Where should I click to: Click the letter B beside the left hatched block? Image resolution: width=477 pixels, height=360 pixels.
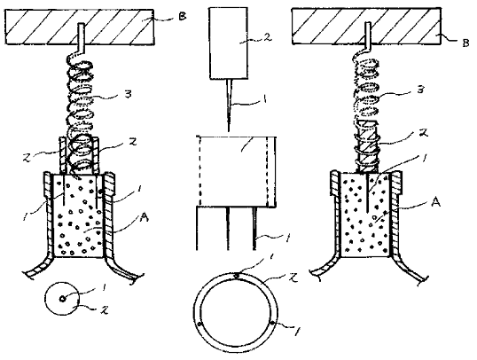[182, 16]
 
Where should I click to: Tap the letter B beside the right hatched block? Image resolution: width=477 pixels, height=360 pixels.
[465, 43]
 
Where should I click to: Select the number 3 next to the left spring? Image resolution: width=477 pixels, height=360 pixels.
[129, 94]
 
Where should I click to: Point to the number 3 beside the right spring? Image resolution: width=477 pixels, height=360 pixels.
[420, 90]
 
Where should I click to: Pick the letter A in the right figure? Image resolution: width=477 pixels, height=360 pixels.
[436, 202]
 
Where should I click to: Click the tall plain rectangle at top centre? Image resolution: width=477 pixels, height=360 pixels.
[228, 43]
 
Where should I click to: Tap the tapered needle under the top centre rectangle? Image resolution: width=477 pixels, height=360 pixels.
[229, 106]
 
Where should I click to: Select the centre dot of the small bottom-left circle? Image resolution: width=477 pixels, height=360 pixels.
[62, 299]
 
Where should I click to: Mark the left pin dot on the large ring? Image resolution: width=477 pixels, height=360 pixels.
[199, 324]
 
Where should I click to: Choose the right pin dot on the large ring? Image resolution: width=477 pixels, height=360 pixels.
[271, 323]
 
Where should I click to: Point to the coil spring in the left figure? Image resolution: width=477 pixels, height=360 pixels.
[80, 115]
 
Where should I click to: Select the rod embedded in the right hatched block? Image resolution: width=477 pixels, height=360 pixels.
[368, 35]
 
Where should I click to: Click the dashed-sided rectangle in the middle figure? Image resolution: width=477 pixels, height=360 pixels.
[238, 171]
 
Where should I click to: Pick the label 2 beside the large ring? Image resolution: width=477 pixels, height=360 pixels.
[293, 278]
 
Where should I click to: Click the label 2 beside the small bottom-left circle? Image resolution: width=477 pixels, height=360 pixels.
[105, 310]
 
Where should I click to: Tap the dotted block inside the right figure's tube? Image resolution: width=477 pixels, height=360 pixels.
[364, 215]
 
